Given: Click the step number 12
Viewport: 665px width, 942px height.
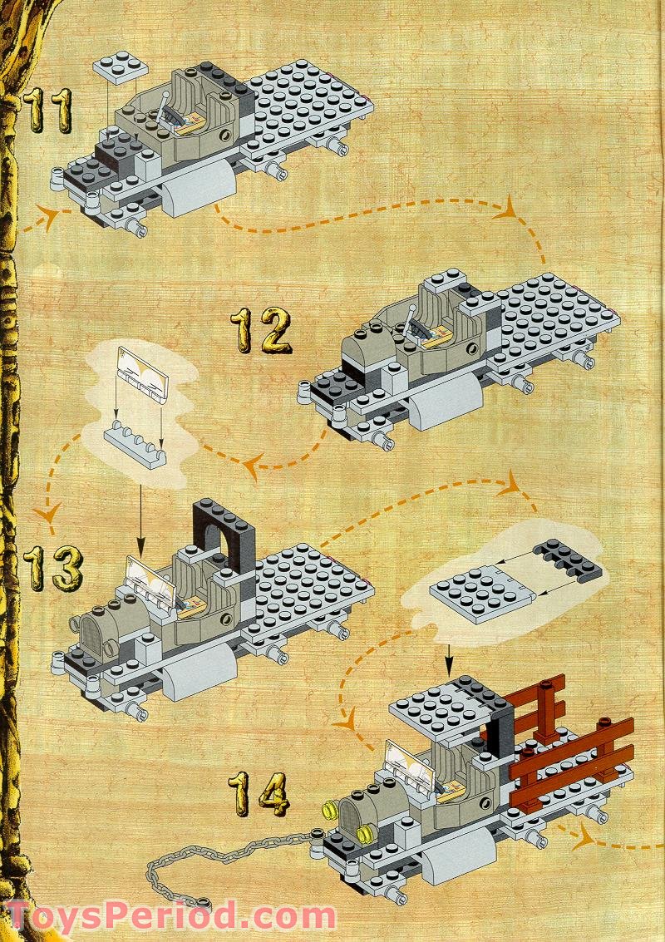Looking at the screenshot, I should (x=261, y=330).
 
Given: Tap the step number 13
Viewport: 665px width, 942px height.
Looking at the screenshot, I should (x=52, y=567).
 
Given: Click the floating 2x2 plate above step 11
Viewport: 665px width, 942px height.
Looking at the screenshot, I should (x=121, y=69).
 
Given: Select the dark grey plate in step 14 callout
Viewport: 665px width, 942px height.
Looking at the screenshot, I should (x=569, y=560).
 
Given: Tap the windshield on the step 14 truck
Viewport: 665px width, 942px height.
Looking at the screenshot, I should (x=409, y=762).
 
